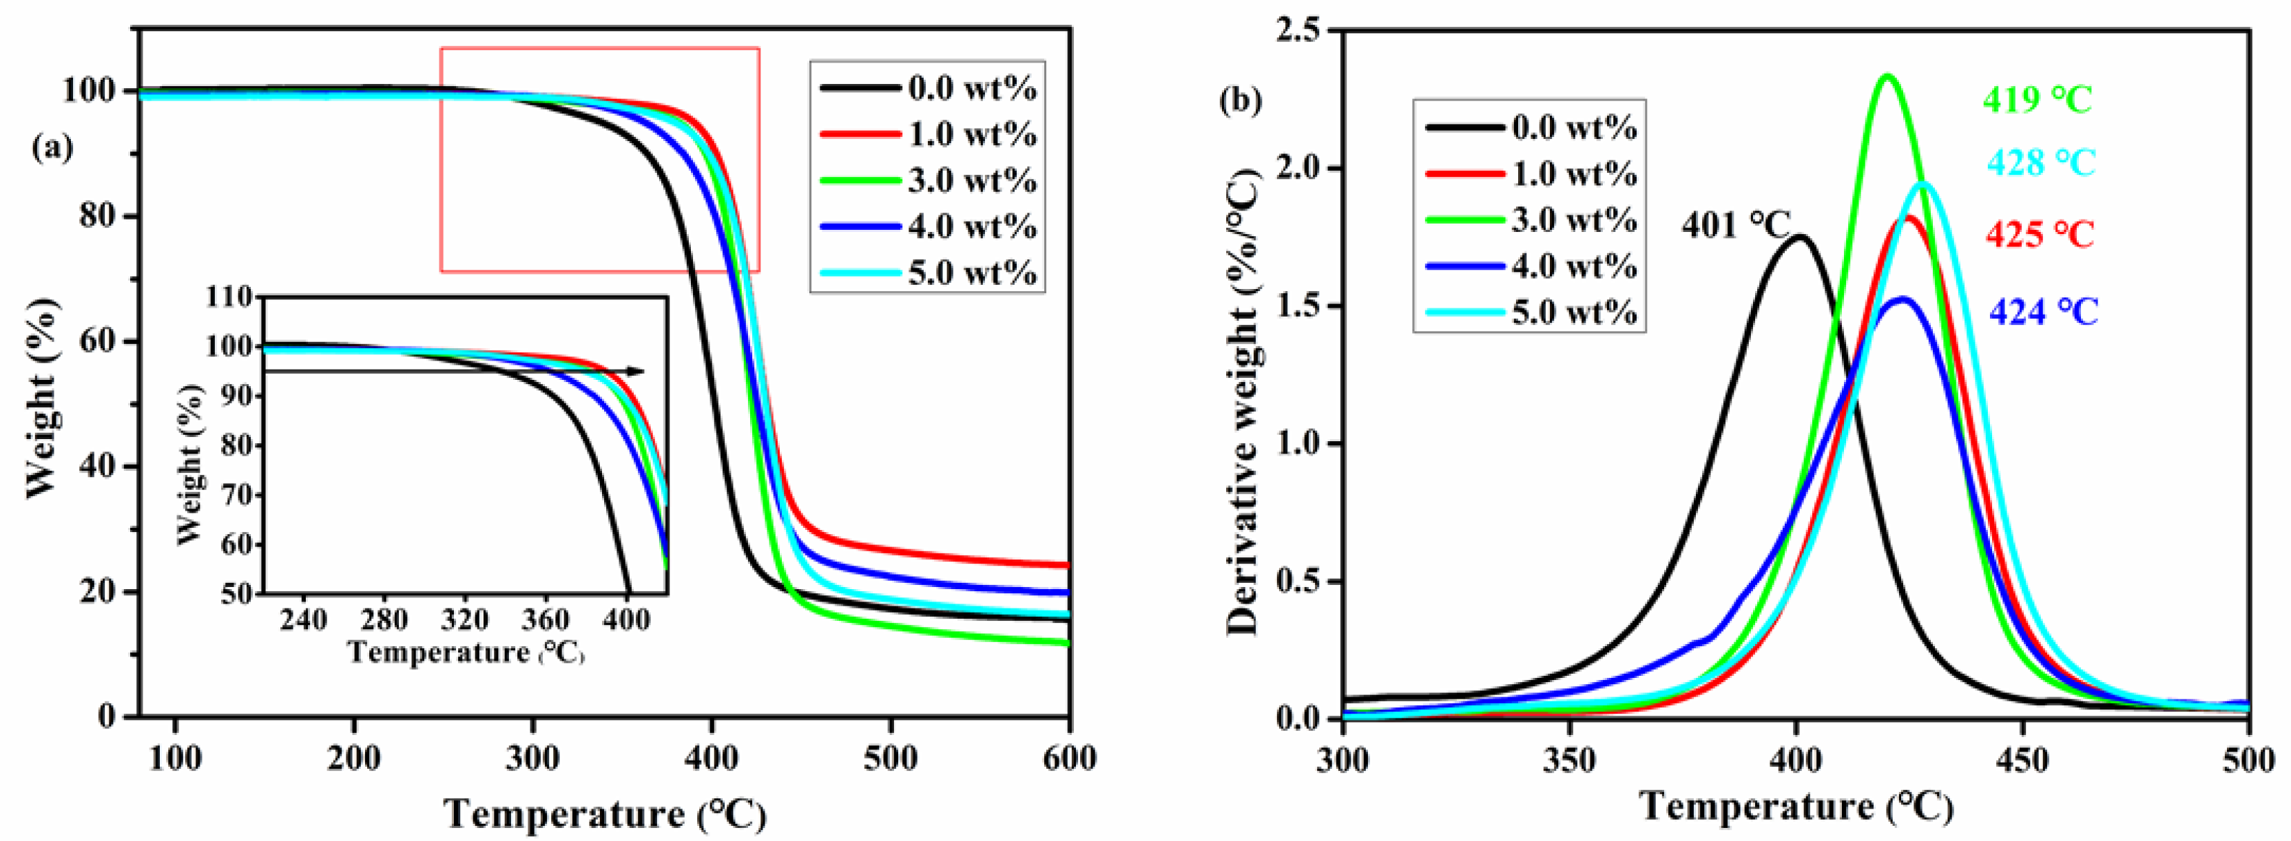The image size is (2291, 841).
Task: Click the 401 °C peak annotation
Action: pyautogui.click(x=1735, y=225)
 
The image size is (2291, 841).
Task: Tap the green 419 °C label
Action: pyautogui.click(x=2037, y=98)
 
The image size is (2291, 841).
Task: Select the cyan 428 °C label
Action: pyautogui.click(x=2041, y=162)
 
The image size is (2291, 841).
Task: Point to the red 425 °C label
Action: pyautogui.click(x=2040, y=235)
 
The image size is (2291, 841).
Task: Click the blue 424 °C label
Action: pyautogui.click(x=2043, y=312)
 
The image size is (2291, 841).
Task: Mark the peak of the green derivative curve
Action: pyautogui.click(x=1887, y=76)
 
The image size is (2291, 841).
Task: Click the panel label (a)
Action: pyautogui.click(x=52, y=147)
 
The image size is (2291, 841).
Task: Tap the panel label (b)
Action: pyautogui.click(x=1240, y=101)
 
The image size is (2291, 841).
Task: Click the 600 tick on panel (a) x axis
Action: pyautogui.click(x=1069, y=758)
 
